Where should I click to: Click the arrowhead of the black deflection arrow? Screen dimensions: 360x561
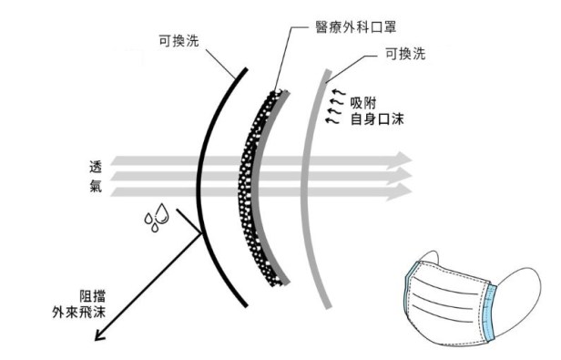101,335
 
